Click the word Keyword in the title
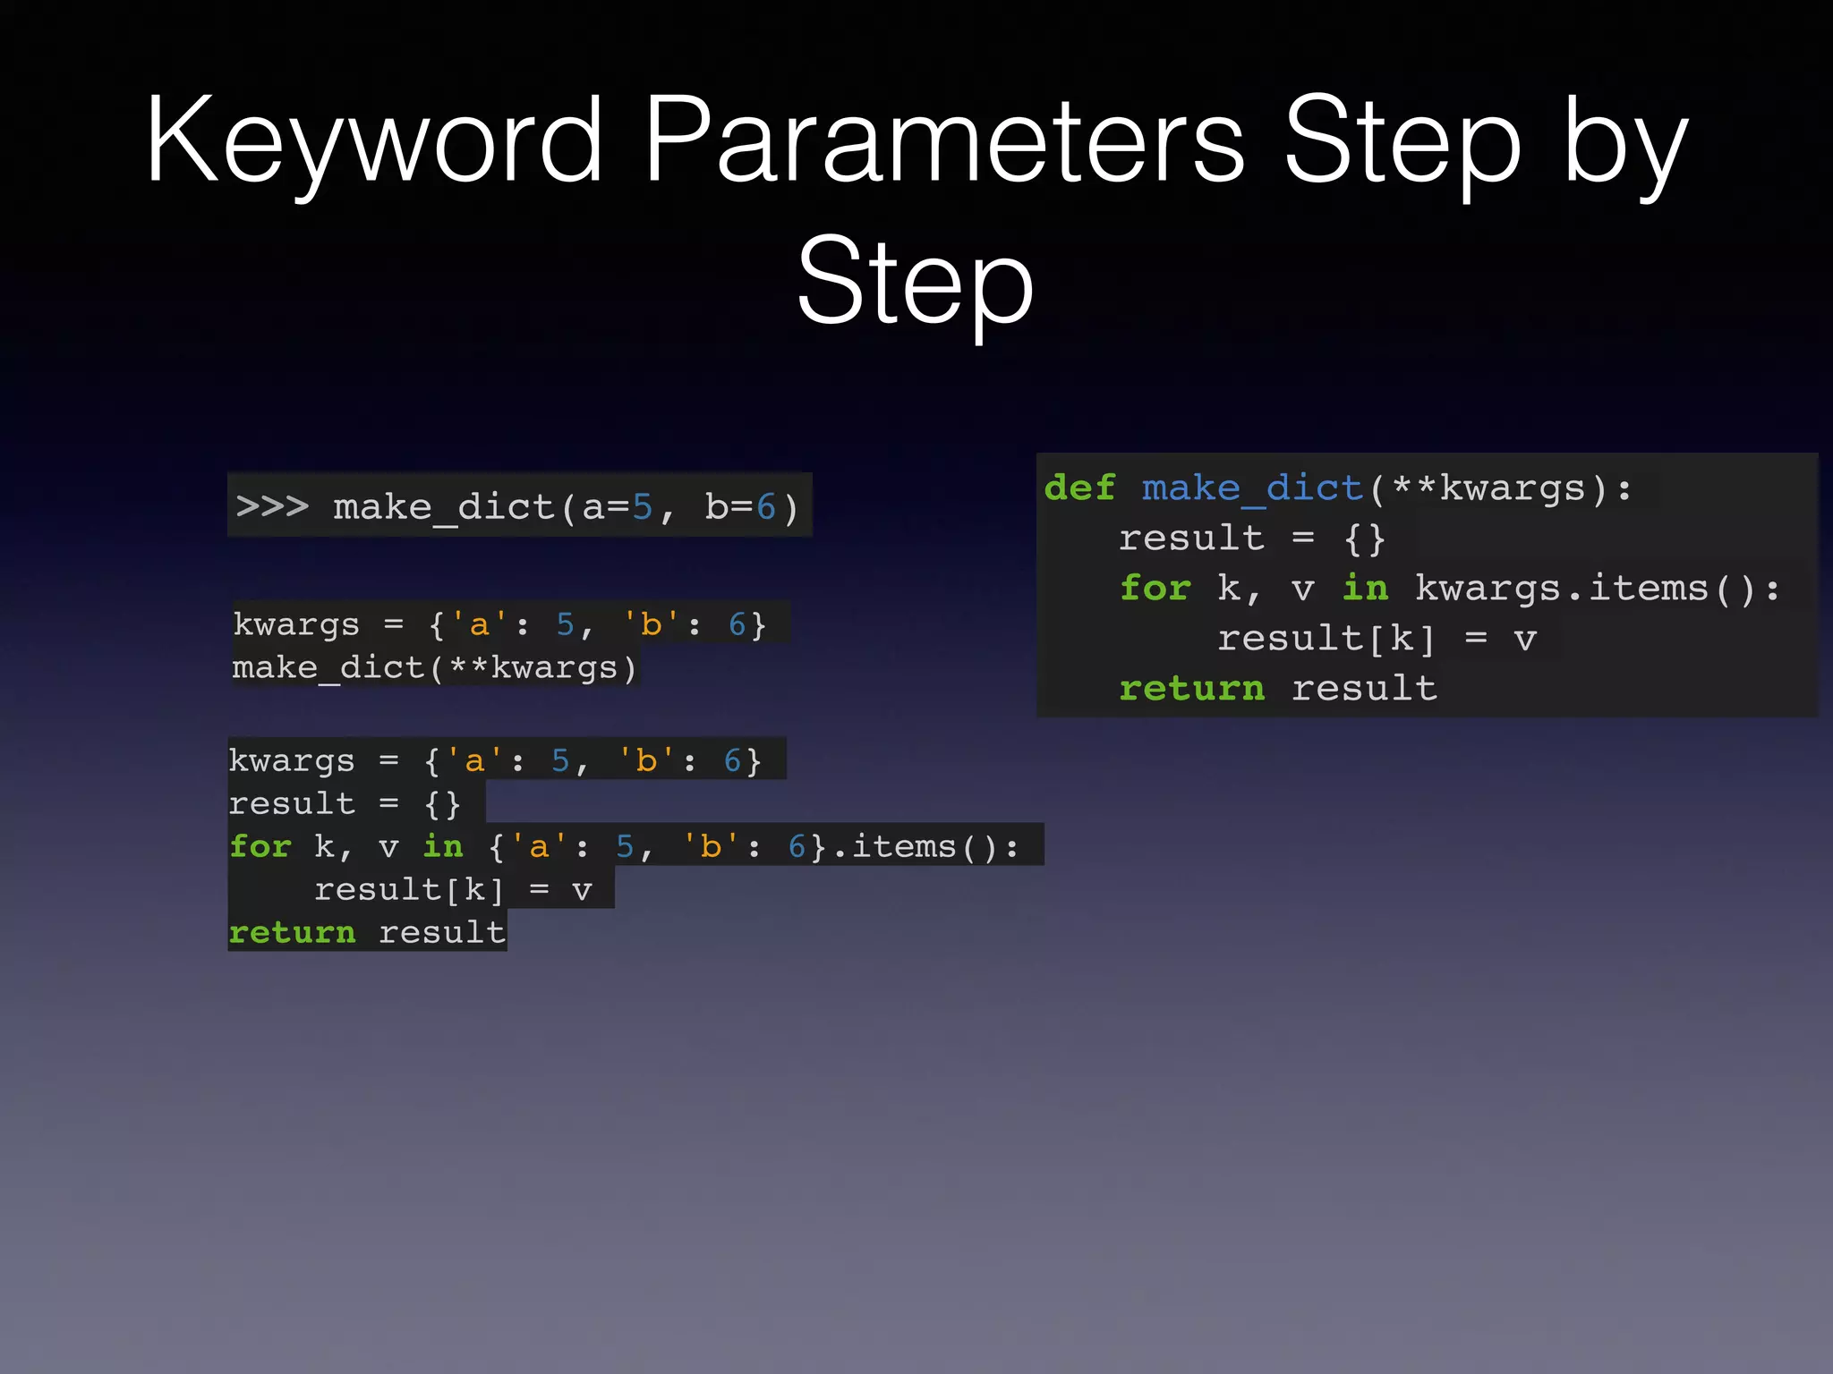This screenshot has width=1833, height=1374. (x=374, y=141)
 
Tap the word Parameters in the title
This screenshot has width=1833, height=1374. (x=943, y=141)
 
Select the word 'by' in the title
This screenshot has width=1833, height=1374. (x=1624, y=143)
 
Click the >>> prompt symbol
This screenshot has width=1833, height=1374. (x=272, y=506)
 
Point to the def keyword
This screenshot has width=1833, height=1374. (x=1079, y=488)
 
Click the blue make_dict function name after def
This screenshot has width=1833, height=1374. (x=1252, y=488)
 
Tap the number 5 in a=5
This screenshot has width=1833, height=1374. (x=642, y=507)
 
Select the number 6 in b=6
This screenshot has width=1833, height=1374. (x=765, y=507)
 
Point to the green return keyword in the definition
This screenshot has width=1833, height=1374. (x=1191, y=688)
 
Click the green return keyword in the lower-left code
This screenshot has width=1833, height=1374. (x=292, y=932)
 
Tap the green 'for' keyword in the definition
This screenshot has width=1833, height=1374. (x=1155, y=589)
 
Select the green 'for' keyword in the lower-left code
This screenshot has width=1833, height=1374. (x=260, y=846)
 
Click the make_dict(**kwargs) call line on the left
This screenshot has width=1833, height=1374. (x=434, y=668)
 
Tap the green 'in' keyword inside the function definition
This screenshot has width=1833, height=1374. (x=1365, y=589)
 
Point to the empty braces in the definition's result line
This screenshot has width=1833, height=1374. (x=1364, y=539)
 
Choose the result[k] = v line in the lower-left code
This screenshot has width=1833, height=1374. (x=452, y=890)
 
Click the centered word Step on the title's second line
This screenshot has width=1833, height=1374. (x=915, y=282)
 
